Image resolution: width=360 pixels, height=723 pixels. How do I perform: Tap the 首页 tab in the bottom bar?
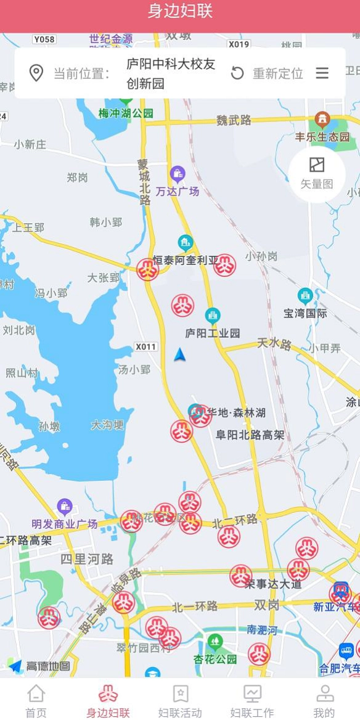[x=36, y=701]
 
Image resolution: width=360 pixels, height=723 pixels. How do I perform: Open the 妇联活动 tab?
[x=180, y=701]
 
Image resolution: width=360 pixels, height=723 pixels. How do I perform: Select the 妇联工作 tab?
[x=252, y=701]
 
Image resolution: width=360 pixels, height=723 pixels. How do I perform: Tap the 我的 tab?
[x=324, y=701]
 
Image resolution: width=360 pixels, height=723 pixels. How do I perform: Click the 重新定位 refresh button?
[x=237, y=73]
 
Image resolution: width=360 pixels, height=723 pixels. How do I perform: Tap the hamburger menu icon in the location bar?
[x=322, y=73]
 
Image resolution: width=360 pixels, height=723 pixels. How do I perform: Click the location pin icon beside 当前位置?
[x=36, y=73]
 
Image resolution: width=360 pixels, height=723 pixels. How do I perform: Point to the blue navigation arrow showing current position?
[x=179, y=355]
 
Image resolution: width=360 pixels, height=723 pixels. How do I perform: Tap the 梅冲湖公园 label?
[x=126, y=113]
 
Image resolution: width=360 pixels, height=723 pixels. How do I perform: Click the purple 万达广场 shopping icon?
[x=178, y=174]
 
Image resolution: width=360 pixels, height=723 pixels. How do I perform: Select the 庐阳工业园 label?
[x=213, y=333]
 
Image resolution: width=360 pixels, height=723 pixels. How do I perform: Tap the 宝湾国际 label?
[x=305, y=313]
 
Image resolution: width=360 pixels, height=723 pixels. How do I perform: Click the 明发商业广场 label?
[x=65, y=524]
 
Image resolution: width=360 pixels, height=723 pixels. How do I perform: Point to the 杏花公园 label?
[x=215, y=659]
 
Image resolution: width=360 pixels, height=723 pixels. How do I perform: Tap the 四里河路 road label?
[x=87, y=559]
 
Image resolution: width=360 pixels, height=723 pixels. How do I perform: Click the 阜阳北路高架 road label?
[x=250, y=435]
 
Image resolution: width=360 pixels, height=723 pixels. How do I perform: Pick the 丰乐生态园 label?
[x=322, y=137]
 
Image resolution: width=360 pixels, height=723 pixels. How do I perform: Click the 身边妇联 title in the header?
[x=180, y=12]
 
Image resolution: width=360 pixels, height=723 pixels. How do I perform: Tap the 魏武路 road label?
[x=234, y=120]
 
